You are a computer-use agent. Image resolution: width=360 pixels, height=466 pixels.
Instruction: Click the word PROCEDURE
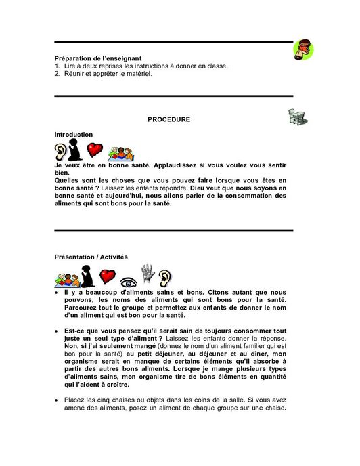tap(168, 120)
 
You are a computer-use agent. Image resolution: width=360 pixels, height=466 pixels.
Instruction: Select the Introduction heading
tap(74, 135)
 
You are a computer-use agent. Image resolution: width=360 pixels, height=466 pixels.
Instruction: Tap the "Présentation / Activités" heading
tap(91, 257)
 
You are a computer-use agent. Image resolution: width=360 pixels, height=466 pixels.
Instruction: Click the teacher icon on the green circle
tap(304, 49)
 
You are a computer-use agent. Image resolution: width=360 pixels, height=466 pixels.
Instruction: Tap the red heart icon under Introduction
tap(95, 149)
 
